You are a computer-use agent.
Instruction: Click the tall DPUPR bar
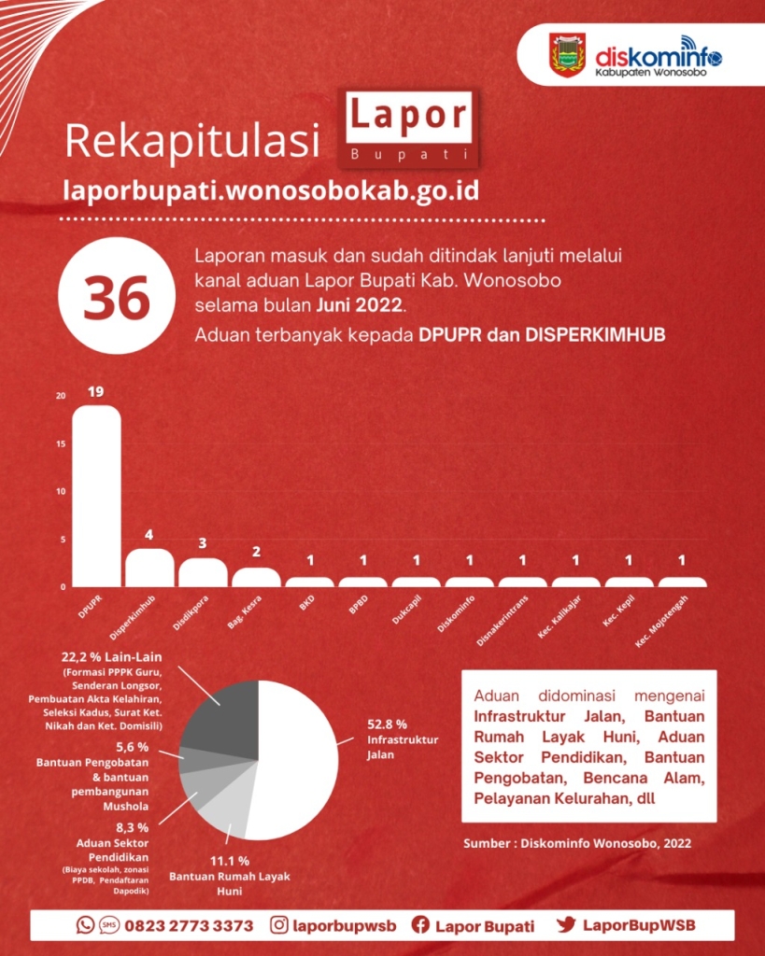[x=96, y=496]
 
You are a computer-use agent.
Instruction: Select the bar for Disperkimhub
[x=149, y=568]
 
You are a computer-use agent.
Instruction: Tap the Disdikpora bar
[x=203, y=572]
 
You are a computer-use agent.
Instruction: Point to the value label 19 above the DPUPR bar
[x=96, y=391]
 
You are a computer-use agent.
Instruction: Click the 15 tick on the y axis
[x=61, y=443]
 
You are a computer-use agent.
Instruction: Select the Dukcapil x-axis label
[x=407, y=610]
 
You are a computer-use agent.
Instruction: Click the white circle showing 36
[x=117, y=296]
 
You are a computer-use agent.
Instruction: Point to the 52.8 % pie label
[x=387, y=724]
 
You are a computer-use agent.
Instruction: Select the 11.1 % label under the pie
[x=230, y=861]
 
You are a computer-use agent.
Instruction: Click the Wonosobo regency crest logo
[x=568, y=55]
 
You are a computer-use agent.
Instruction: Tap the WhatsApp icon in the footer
[x=85, y=924]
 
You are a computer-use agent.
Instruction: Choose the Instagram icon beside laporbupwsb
[x=278, y=925]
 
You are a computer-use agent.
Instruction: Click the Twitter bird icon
[x=565, y=924]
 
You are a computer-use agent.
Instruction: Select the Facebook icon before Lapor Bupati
[x=420, y=924]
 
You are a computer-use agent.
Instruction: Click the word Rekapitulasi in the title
[x=192, y=141]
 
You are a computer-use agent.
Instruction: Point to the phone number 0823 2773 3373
[x=189, y=925]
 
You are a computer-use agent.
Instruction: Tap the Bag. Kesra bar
[x=256, y=577]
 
